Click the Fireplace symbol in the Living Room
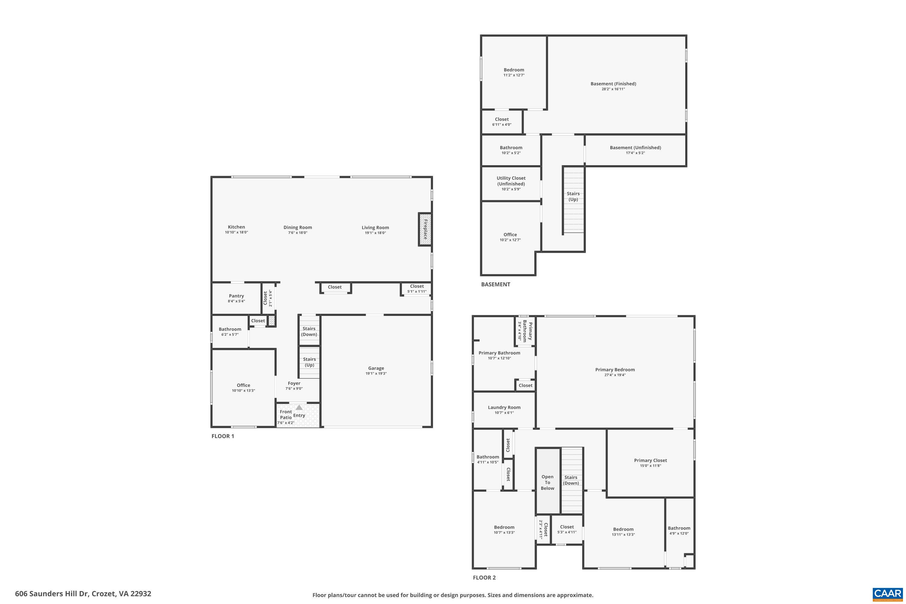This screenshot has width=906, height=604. coord(425,229)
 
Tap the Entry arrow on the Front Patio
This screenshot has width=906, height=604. coord(299,407)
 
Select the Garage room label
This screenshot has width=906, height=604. coord(376,368)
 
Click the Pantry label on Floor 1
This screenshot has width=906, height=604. coord(236,296)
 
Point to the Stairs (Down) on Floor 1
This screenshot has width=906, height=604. coord(309,331)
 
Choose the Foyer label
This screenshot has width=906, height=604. coord(294,383)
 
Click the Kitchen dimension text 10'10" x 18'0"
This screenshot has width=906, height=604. coord(236,233)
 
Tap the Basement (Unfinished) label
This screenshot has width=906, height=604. coord(635,148)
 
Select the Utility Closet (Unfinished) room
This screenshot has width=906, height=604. coord(511,183)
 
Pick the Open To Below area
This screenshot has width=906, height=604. coord(547,482)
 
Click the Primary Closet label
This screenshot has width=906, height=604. coord(650,460)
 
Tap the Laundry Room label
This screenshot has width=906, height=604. coord(504,407)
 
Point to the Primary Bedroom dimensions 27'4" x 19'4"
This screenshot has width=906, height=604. coord(615,375)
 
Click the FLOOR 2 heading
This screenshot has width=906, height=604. coord(484,577)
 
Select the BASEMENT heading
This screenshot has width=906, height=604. coord(495,284)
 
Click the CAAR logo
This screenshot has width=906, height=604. coord(887,593)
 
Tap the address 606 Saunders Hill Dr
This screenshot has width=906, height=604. coord(83,594)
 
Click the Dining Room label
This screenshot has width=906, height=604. coord(297,227)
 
